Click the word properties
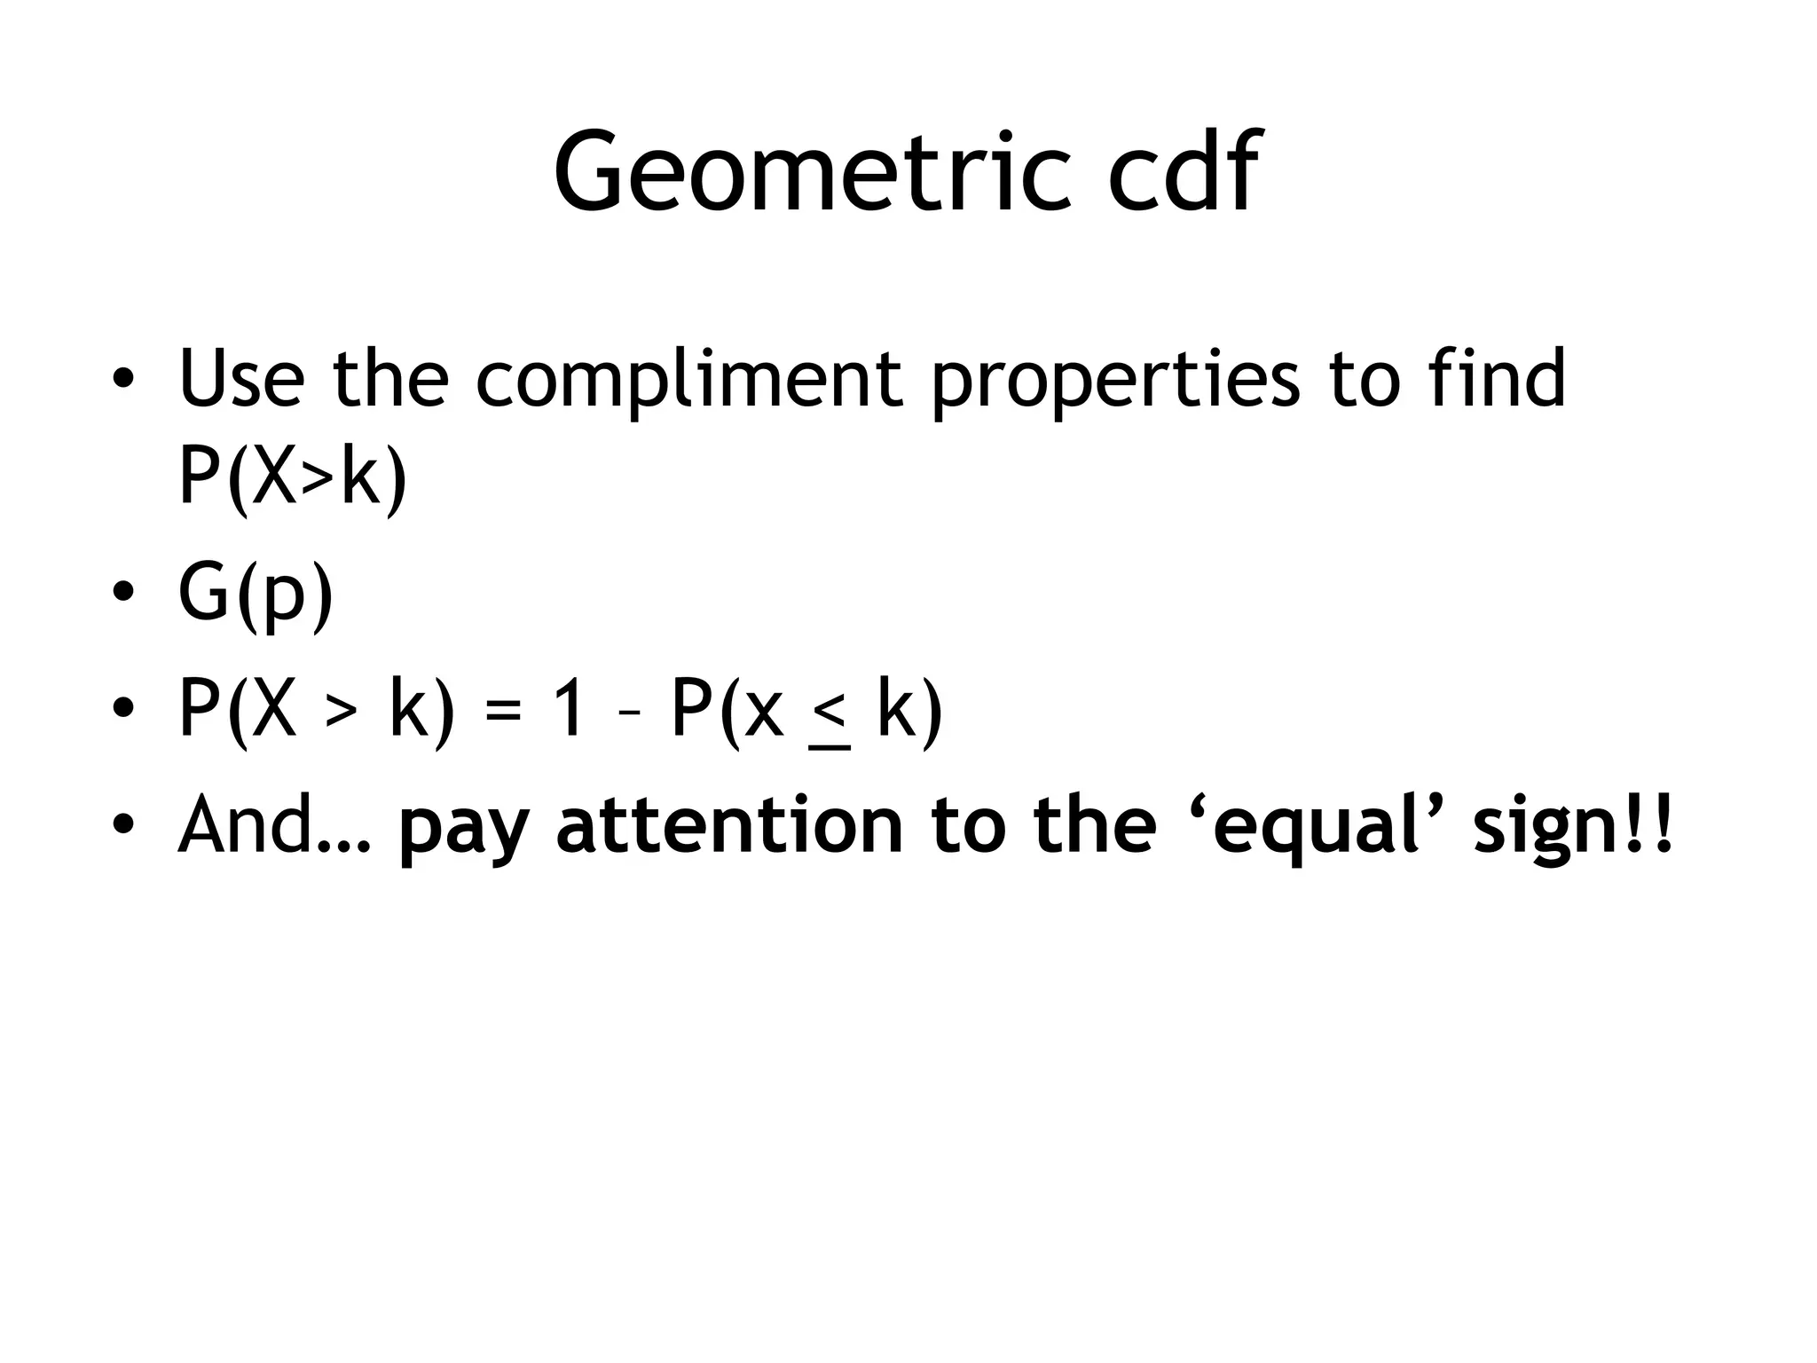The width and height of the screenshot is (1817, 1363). tap(1114, 379)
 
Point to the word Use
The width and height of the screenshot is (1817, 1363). tap(241, 379)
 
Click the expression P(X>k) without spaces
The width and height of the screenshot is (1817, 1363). tap(293, 476)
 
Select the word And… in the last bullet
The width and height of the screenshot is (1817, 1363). tap(273, 825)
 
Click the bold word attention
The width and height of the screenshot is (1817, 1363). tap(728, 825)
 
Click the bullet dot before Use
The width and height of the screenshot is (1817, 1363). tap(123, 379)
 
